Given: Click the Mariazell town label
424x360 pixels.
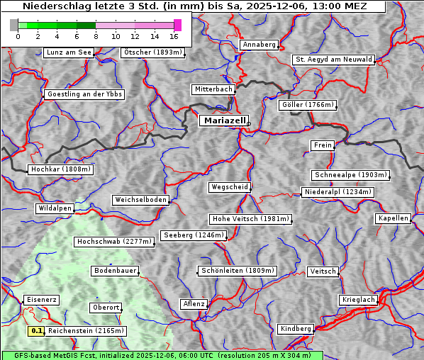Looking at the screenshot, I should [223, 120].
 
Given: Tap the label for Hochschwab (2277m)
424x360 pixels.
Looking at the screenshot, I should [114, 242].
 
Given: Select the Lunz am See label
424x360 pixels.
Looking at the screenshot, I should [69, 52].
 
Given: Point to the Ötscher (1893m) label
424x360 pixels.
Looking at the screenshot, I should [152, 52].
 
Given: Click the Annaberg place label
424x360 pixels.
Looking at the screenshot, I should [259, 45].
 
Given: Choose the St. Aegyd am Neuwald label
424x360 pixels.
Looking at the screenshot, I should [333, 60].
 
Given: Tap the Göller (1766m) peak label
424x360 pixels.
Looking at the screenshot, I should [307, 105].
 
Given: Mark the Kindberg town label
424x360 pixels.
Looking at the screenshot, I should [296, 329].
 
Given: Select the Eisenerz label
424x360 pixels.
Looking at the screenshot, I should [40, 300].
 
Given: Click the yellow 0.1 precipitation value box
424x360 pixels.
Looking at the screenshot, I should [37, 330].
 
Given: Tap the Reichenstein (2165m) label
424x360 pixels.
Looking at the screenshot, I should [87, 330].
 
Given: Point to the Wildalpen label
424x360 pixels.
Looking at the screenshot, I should [55, 208].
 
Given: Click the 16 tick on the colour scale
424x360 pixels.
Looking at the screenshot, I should [174, 35].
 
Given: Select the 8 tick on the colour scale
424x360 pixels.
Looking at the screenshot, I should [96, 35].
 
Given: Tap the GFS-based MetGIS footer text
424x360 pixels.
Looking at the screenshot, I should [162, 355].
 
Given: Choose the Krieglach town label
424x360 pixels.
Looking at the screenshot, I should [358, 300].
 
